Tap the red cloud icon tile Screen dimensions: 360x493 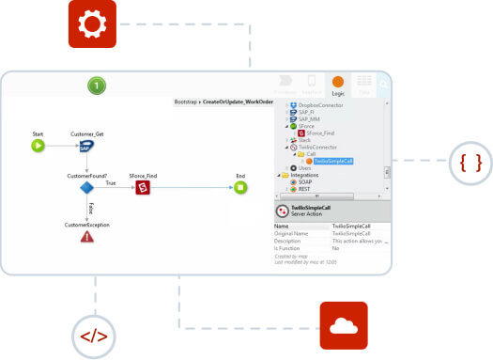coord(349,326)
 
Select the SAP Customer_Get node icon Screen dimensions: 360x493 coord(87,146)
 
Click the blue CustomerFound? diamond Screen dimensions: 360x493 coord(87,188)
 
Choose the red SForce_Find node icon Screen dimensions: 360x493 coord(143,188)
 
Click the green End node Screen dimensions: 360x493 coord(240,188)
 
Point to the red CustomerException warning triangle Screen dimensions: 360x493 coord(87,237)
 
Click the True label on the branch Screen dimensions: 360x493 coord(110,183)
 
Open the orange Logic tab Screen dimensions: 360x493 coord(337,85)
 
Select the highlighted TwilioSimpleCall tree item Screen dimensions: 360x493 coord(333,161)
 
